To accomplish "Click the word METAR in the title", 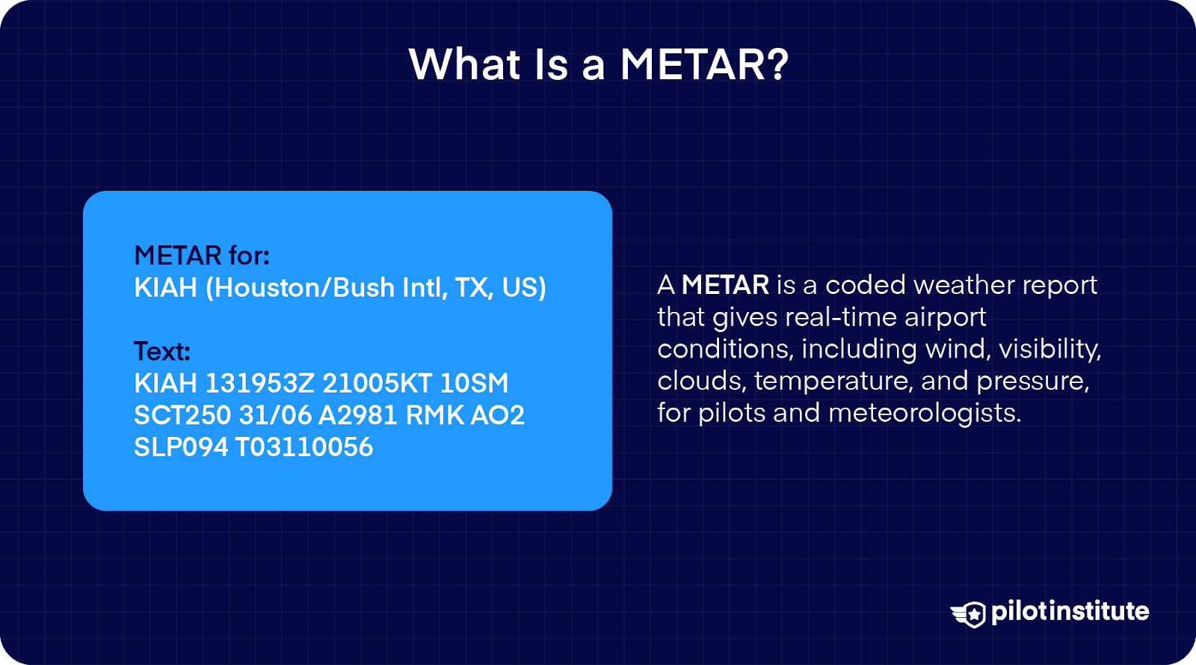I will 692,65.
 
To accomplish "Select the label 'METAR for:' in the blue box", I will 202,256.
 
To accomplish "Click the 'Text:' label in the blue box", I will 161,351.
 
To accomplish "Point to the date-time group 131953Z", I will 259,384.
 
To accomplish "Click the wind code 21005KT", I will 377,384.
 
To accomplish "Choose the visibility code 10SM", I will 474,384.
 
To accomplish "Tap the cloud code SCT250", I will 182,416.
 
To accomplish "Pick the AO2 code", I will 498,416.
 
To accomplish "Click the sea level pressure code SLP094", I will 180,447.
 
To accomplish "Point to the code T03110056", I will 304,447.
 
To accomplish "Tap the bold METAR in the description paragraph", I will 725,285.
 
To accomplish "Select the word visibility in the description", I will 1049,349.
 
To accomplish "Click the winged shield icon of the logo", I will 970,613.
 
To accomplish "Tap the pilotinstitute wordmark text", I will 1070,611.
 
